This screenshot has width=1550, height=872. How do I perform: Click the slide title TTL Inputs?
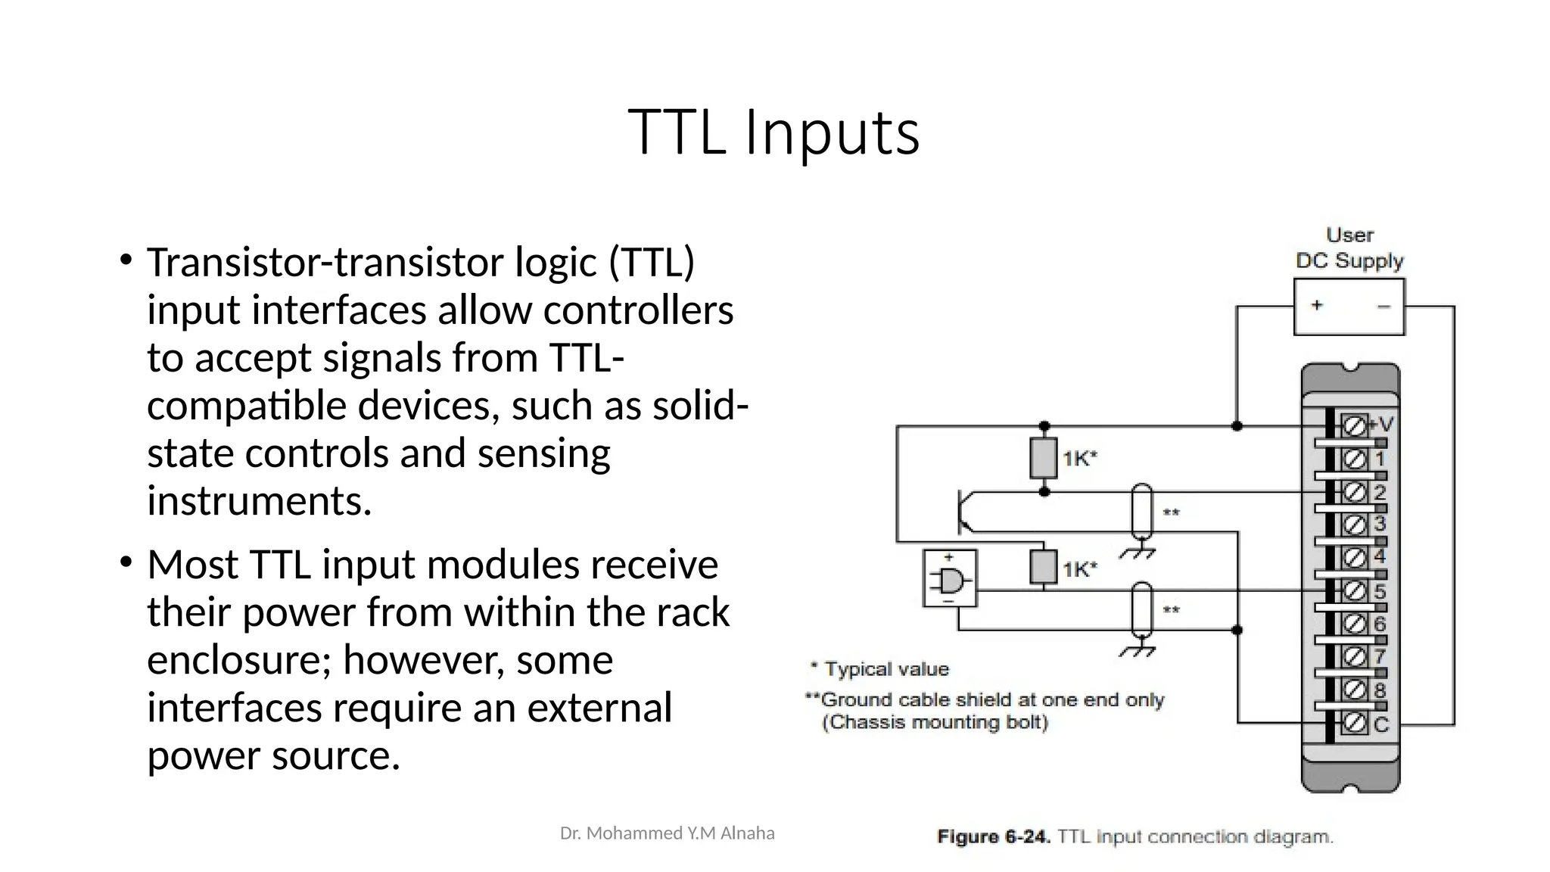pyautogui.click(x=773, y=132)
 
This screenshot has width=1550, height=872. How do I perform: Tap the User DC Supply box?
pyautogui.click(x=1349, y=307)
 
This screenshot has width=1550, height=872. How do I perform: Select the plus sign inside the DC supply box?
pyautogui.click(x=1317, y=304)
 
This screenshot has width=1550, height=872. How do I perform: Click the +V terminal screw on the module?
pyautogui.click(x=1354, y=426)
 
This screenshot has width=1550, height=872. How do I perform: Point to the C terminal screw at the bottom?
pyautogui.click(x=1354, y=724)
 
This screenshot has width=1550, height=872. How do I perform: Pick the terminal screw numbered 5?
pyautogui.click(x=1354, y=590)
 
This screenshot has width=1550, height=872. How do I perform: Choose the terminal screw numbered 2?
pyautogui.click(x=1354, y=492)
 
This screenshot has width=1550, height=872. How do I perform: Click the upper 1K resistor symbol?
pyautogui.click(x=1043, y=458)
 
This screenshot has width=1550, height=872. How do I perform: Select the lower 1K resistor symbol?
pyautogui.click(x=1043, y=567)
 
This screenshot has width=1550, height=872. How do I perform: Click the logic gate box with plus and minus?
pyautogui.click(x=950, y=579)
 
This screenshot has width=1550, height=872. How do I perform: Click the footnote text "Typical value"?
pyautogui.click(x=886, y=669)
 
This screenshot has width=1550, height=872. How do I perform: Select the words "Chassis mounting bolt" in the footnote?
pyautogui.click(x=935, y=722)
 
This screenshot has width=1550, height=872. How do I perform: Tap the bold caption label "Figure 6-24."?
pyautogui.click(x=993, y=836)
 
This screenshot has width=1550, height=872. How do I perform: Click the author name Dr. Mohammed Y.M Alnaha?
pyautogui.click(x=667, y=833)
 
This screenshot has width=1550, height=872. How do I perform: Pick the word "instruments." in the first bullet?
pyautogui.click(x=260, y=501)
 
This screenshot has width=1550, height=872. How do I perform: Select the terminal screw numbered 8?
pyautogui.click(x=1354, y=690)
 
